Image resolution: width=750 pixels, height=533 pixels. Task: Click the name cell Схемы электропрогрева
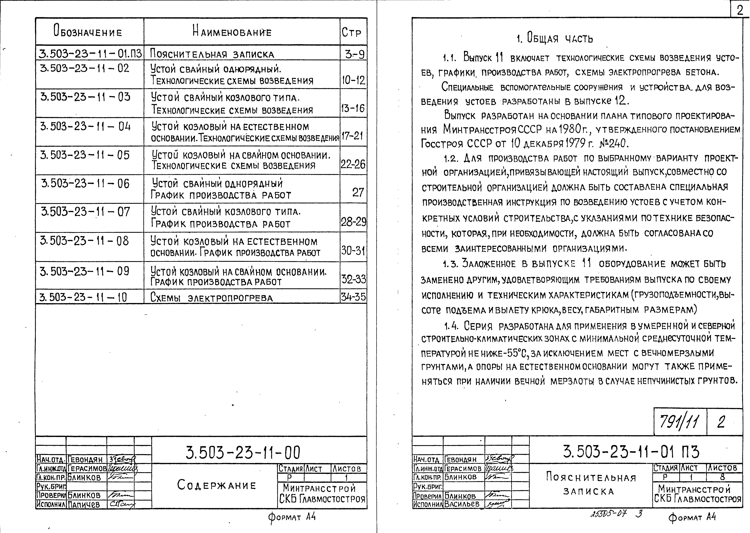tap(211, 297)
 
